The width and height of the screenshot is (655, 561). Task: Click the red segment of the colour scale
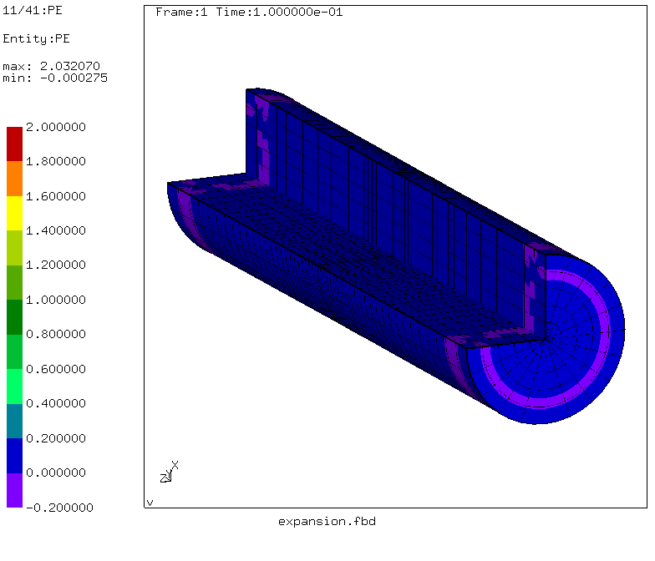[x=15, y=144]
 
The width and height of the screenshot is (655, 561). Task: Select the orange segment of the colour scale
[x=15, y=179]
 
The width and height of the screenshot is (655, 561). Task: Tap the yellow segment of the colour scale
[x=15, y=214]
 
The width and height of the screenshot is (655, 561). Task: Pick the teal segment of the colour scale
[x=15, y=421]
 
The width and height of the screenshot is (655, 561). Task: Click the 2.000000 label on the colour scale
[x=56, y=127]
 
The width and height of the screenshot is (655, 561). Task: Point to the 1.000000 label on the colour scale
[x=56, y=300]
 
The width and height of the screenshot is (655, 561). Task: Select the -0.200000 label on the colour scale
[x=60, y=508]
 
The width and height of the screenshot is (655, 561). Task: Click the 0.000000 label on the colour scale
[x=56, y=473]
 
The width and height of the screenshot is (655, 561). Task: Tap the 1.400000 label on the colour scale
[x=56, y=230]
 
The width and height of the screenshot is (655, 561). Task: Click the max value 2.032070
[x=70, y=66]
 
